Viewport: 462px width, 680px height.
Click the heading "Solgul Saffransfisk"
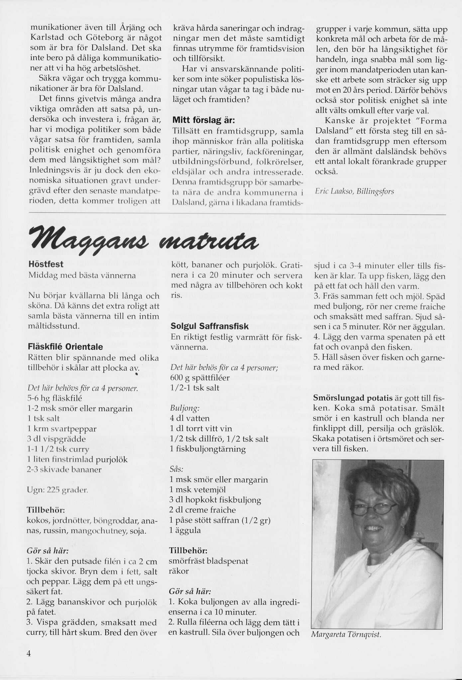coord(209,326)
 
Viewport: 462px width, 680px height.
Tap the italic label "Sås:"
coord(176,469)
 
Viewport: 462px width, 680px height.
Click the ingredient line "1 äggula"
coord(185,530)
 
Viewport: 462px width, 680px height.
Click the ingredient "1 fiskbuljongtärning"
coord(207,449)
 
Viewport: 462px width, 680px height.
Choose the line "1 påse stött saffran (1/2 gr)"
coord(219,520)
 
